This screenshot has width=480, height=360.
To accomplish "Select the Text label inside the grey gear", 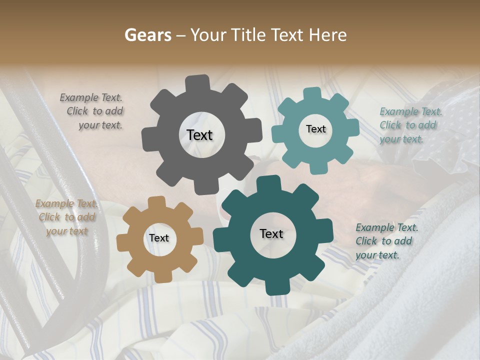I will click(199, 135).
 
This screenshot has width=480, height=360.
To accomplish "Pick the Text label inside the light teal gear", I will click(315, 129).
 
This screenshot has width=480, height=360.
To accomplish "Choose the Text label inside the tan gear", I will click(159, 238).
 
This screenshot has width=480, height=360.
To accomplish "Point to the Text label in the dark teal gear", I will click(271, 234).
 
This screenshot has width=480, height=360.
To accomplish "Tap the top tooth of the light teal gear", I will click(312, 93).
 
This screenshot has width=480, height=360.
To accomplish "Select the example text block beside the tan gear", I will click(66, 217).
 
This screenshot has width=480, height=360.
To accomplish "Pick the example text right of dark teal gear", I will click(385, 241).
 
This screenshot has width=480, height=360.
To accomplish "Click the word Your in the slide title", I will click(208, 35).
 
